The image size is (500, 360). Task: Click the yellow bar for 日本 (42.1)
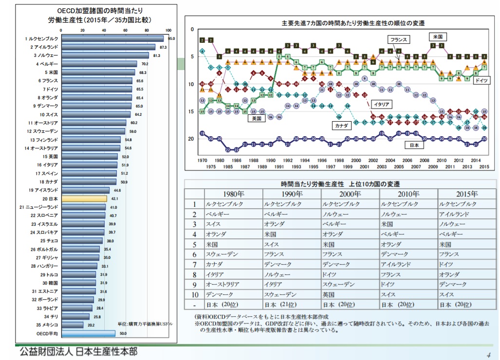tap(84, 198)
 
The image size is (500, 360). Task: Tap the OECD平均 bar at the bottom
tap(88, 333)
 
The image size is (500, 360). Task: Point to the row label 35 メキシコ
tap(46, 324)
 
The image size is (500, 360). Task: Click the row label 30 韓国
tap(50, 283)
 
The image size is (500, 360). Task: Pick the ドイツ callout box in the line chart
tap(481, 79)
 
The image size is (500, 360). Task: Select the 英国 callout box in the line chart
tap(255, 118)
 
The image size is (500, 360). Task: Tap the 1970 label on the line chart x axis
tap(202, 160)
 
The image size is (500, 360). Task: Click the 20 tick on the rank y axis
tap(192, 139)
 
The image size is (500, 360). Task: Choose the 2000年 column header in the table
tap(350, 193)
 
